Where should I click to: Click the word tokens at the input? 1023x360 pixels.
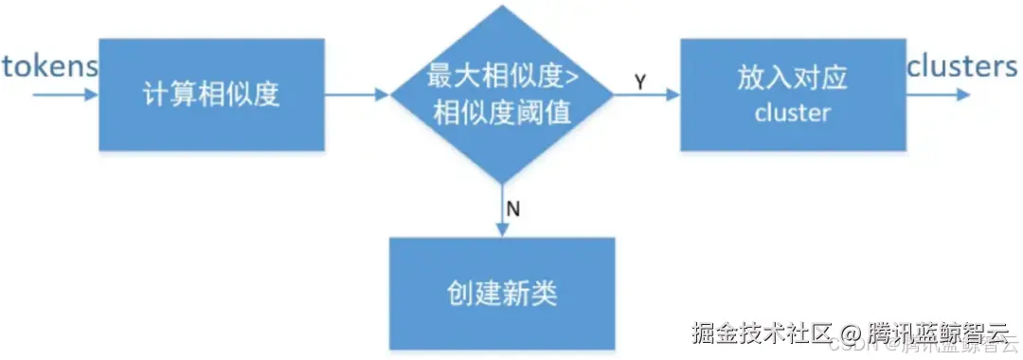49,66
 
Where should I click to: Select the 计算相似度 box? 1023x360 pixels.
211,95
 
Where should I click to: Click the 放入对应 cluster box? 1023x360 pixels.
791,95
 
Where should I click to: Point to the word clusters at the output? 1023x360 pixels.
961,66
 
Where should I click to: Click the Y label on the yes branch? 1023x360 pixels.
640,82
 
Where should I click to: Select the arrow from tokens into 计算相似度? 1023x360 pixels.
64,95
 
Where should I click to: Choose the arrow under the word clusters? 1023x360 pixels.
938,95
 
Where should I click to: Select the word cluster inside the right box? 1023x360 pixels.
792,114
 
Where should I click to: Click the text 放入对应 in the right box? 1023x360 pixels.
792,79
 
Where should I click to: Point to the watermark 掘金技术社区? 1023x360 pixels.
762,333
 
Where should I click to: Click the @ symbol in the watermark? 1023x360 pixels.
852,333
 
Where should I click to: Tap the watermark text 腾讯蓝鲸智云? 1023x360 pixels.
938,333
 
